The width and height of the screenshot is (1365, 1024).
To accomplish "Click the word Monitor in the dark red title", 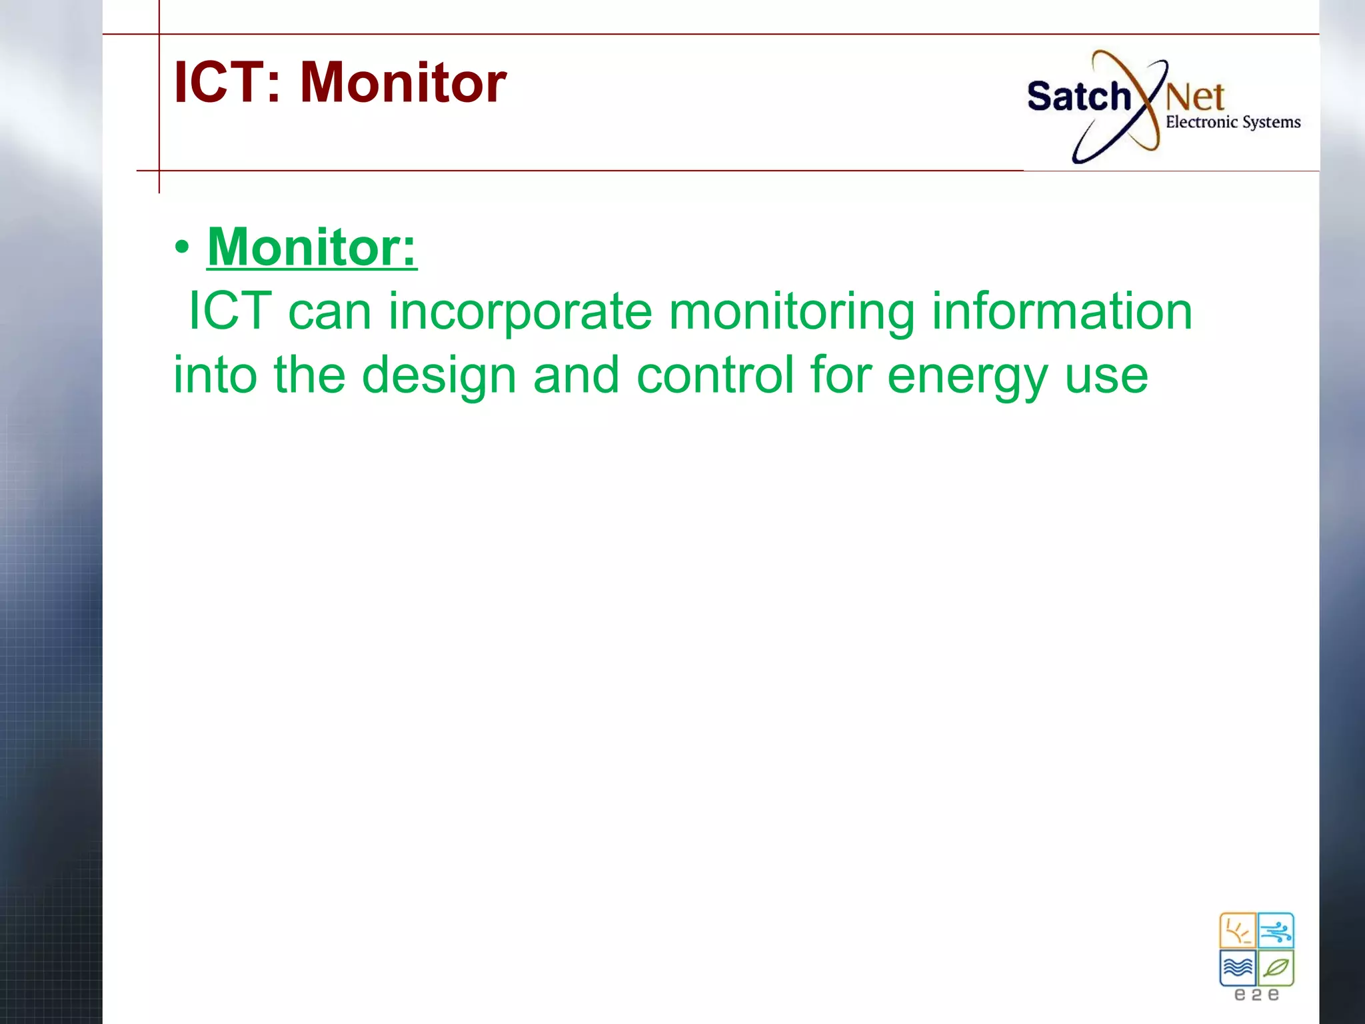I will click(x=403, y=83).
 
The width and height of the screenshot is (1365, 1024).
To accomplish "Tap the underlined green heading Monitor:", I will click(x=311, y=247).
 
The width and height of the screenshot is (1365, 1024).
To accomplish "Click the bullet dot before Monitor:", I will click(x=182, y=248).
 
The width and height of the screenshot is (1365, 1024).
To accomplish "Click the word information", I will click(x=1062, y=311).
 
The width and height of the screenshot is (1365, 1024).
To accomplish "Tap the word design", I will click(x=439, y=375).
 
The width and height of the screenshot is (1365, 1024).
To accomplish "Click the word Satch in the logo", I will click(x=1078, y=96).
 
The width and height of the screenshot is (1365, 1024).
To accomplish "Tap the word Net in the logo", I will click(x=1195, y=97).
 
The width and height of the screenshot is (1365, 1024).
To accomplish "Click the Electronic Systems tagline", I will click(x=1232, y=122).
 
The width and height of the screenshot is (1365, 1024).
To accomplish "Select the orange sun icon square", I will click(x=1238, y=931).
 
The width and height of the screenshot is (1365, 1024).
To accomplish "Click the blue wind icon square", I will click(x=1276, y=931).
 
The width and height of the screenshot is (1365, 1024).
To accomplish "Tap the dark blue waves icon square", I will click(x=1238, y=967).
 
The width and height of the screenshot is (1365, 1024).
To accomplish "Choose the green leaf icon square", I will click(x=1276, y=967).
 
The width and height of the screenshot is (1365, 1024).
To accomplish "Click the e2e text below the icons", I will click(x=1256, y=995).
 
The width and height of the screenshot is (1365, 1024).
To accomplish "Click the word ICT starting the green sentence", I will click(x=230, y=311).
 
